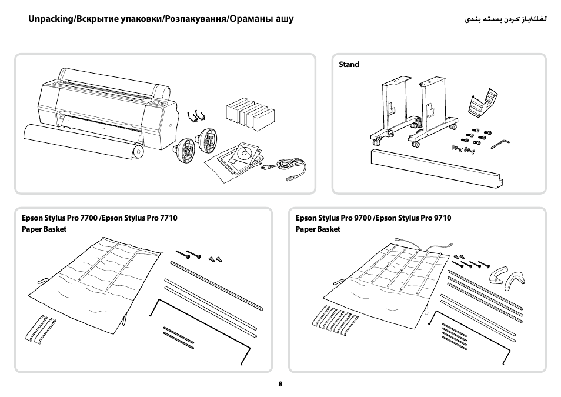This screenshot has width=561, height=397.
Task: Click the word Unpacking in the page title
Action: click(51, 19)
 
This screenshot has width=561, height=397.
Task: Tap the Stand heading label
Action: click(349, 65)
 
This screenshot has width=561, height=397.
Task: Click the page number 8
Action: click(280, 384)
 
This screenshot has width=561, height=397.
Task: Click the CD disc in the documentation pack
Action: click(245, 154)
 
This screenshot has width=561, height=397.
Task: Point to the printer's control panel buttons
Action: click(158, 103)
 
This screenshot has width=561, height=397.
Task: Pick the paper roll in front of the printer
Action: click(83, 142)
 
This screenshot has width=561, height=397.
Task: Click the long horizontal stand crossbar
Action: click(437, 168)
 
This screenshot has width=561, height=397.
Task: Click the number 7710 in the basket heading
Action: click(169, 218)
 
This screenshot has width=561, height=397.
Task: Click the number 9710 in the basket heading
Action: click(443, 218)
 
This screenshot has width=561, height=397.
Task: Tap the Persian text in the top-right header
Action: click(506, 19)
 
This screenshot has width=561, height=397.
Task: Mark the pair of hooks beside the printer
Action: click(196, 116)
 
